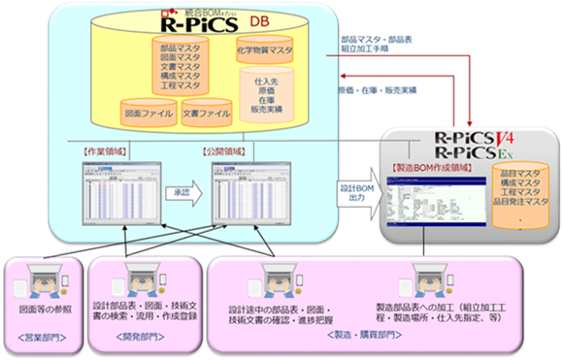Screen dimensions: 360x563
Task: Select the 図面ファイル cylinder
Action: click(148, 112)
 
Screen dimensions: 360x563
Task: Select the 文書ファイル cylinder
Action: click(206, 112)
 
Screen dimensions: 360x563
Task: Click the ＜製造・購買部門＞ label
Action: click(373, 339)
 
